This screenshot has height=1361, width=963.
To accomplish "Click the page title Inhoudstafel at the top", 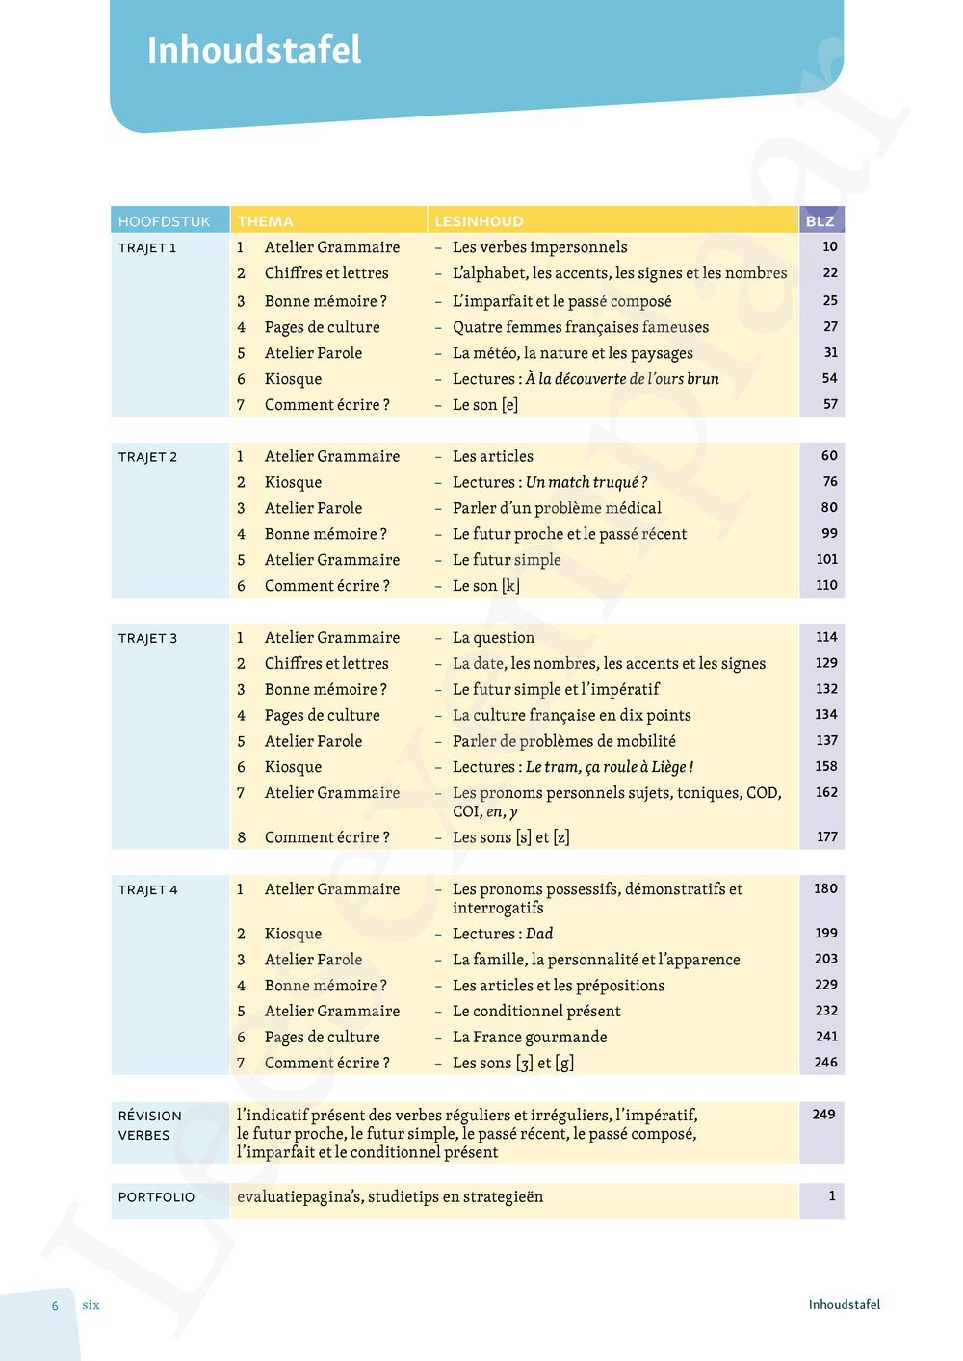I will coord(254,50).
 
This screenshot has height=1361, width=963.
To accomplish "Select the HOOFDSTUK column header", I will coord(164,221).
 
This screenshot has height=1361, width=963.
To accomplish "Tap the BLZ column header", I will coord(820,221).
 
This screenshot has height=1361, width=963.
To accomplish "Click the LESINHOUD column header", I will coord(479,221).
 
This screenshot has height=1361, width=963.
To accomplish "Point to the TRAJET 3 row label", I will coord(147,638).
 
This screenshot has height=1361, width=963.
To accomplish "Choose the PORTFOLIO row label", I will coord(156,1196).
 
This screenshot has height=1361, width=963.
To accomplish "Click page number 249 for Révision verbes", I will coord(823,1114).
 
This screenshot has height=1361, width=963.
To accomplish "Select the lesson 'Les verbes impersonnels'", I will coord(539,247).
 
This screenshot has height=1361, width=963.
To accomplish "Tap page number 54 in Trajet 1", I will coord(829,378).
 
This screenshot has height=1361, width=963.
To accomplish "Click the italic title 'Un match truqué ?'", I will coord(586,482).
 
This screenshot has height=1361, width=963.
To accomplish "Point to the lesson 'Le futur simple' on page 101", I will coord(507,560).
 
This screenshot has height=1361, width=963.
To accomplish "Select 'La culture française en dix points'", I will coord(571,715).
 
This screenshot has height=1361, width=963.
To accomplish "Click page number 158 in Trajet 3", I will coord(825,766).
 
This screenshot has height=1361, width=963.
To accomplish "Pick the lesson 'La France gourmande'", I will coord(530,1037).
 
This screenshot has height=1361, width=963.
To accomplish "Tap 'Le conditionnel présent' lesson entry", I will coord(536,1011).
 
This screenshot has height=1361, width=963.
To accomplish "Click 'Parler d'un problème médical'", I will coord(557,508).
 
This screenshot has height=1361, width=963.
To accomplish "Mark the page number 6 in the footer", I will coord(55,1306).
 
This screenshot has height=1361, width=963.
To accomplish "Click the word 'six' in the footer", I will coord(91,1305).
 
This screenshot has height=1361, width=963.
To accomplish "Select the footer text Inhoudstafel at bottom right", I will coord(844,1305).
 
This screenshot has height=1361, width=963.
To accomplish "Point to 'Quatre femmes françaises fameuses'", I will coord(580,327).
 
